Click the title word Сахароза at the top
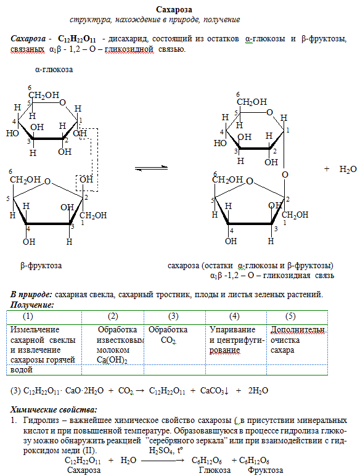click(174, 10)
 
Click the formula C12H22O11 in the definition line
click(77, 39)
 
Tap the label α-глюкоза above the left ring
click(54, 70)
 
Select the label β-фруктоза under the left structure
click(41, 266)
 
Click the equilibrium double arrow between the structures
click(151, 168)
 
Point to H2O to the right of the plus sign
click(348, 170)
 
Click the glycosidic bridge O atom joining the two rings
click(285, 174)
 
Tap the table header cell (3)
click(173, 316)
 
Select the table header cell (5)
click(290, 316)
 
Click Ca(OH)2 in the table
click(112, 360)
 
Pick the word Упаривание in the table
click(232, 330)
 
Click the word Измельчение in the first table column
click(35, 330)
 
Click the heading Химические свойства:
click(54, 410)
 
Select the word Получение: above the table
click(32, 305)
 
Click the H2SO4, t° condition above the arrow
click(166, 451)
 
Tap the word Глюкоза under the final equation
click(215, 470)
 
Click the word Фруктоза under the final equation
click(265, 470)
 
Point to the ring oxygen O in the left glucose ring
click(62, 102)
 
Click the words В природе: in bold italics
click(31, 295)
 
